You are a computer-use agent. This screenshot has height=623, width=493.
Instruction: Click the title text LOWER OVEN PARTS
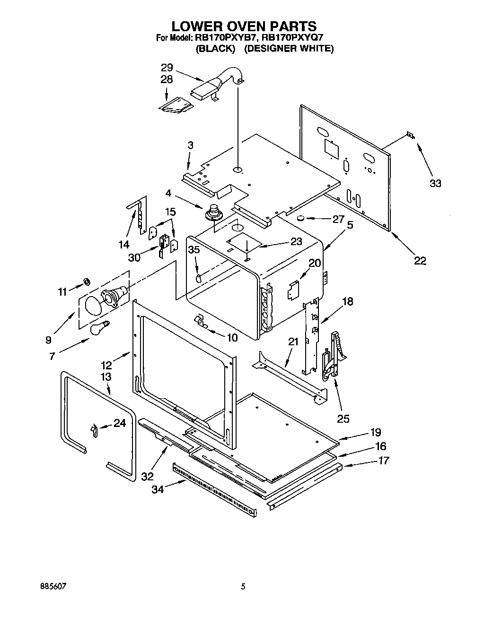point(243,26)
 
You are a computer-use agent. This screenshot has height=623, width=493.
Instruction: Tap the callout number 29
point(167,67)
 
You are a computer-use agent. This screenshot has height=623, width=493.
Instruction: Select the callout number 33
point(435,183)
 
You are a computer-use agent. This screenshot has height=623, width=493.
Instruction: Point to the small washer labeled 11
point(87,282)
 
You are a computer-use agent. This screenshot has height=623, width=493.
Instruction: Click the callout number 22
point(420,261)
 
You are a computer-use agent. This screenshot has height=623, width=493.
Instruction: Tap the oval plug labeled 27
point(299,218)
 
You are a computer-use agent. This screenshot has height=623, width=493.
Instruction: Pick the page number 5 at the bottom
point(243,587)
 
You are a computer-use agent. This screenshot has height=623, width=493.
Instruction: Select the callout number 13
point(106,376)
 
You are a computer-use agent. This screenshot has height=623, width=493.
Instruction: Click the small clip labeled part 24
point(94,430)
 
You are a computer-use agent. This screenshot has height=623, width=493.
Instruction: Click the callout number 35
point(194,250)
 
